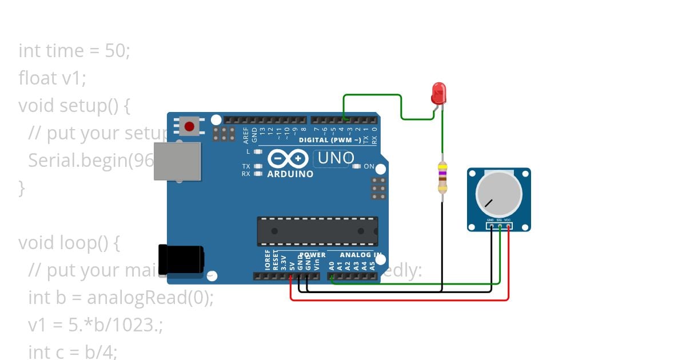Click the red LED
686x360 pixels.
point(438,93)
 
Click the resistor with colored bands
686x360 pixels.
point(442,177)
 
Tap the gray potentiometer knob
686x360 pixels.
point(498,193)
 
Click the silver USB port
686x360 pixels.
point(177,161)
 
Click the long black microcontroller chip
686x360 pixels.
point(317,231)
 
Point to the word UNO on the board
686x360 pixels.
point(336,158)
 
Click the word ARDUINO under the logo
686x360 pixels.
point(290,174)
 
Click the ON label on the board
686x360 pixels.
point(369,166)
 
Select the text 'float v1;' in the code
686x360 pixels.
point(52,78)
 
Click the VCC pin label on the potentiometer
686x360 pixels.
point(508,219)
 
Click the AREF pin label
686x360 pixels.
point(246,135)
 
